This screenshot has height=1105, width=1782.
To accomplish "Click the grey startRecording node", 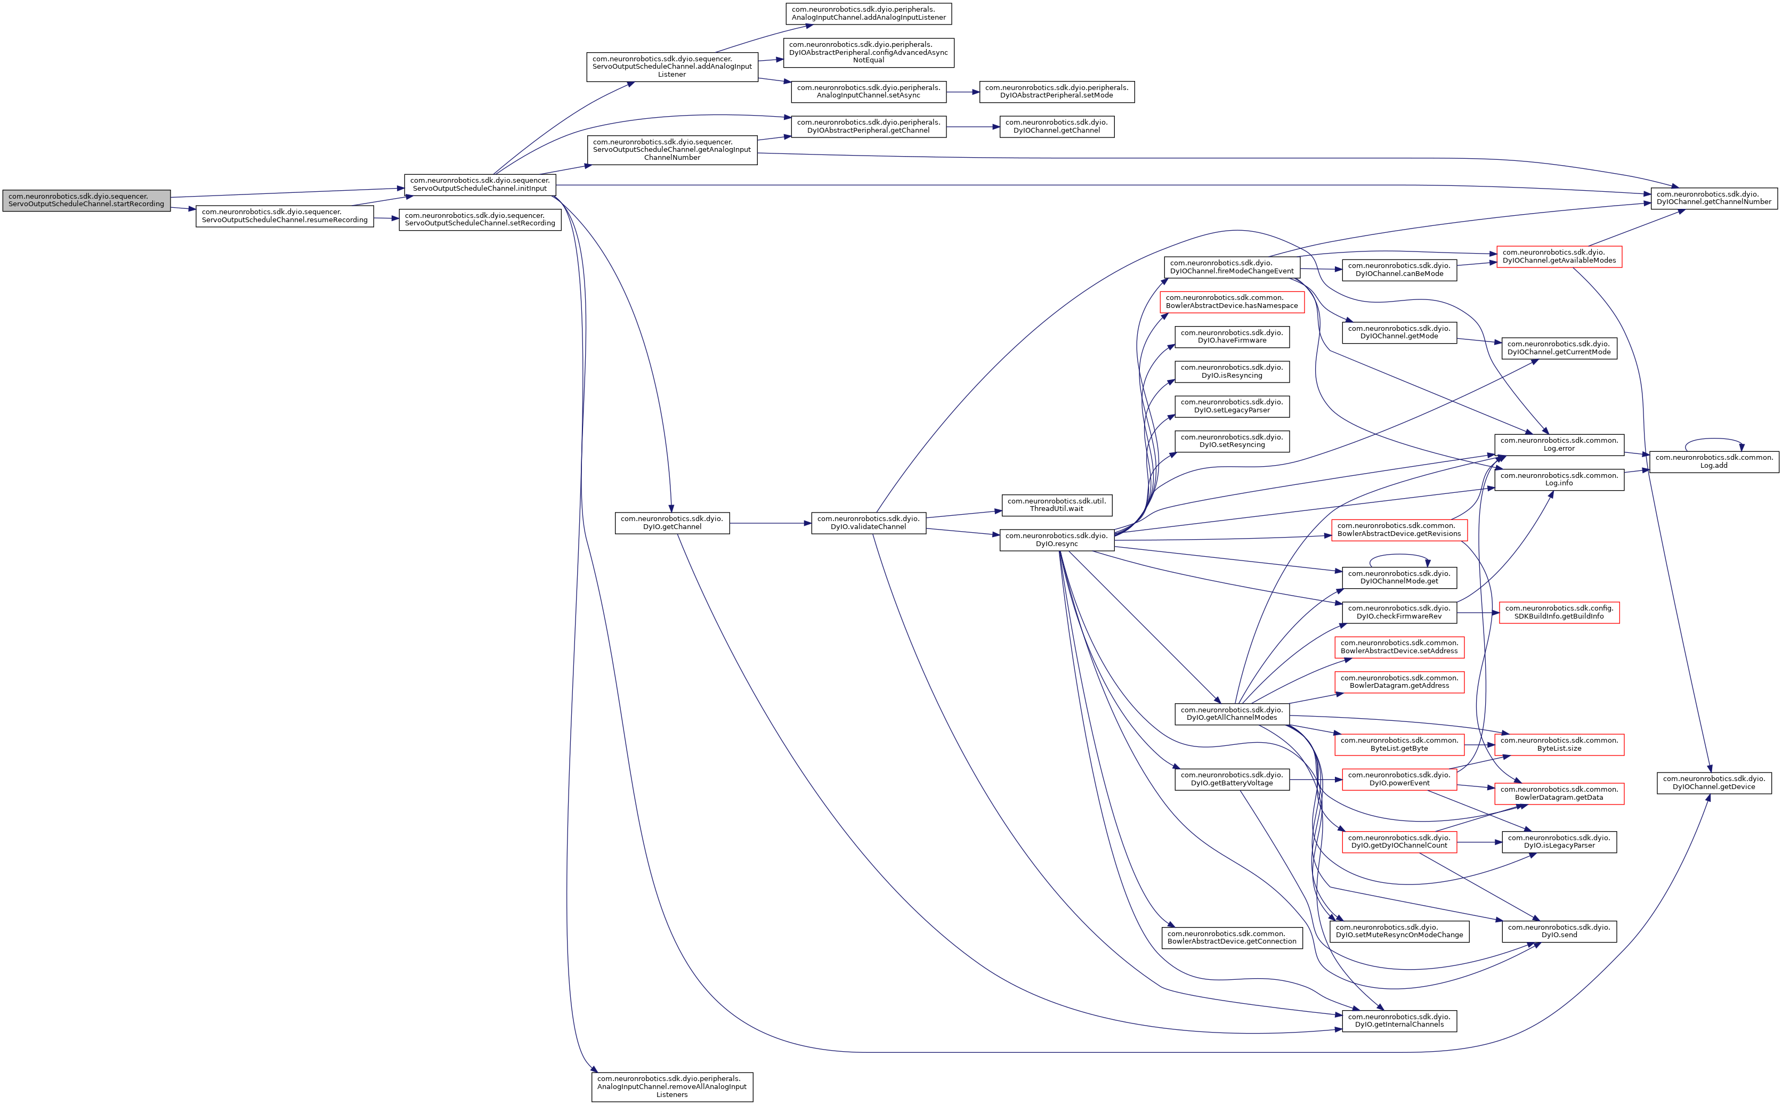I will (86, 200).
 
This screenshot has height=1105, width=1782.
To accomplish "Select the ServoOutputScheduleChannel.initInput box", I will (480, 184).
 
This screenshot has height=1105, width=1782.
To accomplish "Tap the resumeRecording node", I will (285, 216).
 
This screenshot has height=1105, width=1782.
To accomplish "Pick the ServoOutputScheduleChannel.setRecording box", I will (480, 220).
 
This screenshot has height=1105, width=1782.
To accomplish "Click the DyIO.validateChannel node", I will (868, 523).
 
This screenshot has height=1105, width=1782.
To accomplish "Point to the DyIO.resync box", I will (1056, 540).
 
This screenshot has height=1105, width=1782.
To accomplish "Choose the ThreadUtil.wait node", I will (1056, 505).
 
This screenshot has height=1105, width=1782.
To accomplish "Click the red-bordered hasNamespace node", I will (1232, 302).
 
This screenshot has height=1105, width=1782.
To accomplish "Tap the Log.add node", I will (1713, 462).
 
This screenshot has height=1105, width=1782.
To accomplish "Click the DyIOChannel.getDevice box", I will (1713, 783).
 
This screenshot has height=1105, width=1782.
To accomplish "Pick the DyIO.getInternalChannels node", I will (1399, 1021).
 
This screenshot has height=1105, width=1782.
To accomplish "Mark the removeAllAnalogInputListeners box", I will (672, 1087).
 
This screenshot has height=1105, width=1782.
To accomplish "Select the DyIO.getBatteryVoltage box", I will (1232, 779).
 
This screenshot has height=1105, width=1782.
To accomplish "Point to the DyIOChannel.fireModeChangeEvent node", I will (1232, 267).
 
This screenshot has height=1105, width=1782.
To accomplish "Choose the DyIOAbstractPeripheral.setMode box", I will (1056, 91).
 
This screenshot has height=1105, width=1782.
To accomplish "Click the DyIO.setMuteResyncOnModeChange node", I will (1399, 931).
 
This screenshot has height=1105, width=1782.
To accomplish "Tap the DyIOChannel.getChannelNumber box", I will (1713, 198).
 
